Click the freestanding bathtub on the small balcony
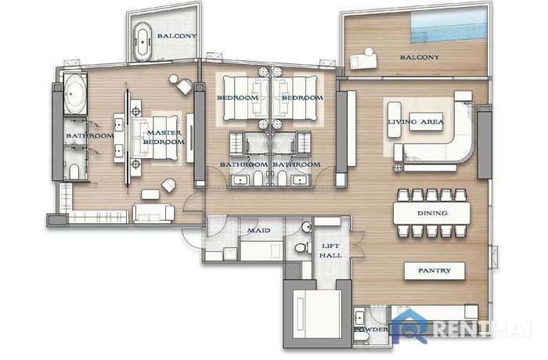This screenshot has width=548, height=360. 142,42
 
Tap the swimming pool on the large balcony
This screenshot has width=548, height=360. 449,24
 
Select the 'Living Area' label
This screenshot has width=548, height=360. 416,121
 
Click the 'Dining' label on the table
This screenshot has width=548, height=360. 432,213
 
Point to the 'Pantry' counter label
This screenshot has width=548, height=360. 434,270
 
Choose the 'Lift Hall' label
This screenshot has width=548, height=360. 330,250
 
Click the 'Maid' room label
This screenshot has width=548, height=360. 258,230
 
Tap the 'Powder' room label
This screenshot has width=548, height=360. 371,329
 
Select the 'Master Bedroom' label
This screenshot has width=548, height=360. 164,138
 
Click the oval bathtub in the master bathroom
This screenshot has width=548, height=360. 75,94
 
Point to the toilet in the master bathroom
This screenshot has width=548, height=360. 74,171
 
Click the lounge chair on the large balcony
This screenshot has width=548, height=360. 364,59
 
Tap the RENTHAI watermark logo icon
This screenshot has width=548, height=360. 410,326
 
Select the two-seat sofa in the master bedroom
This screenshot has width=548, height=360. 153,214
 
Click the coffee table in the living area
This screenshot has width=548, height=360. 426,121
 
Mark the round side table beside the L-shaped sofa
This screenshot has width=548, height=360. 398,168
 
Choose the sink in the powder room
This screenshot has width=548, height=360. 359,319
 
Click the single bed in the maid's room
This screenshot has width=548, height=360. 261,250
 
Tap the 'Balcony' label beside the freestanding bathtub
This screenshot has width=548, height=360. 176,36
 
